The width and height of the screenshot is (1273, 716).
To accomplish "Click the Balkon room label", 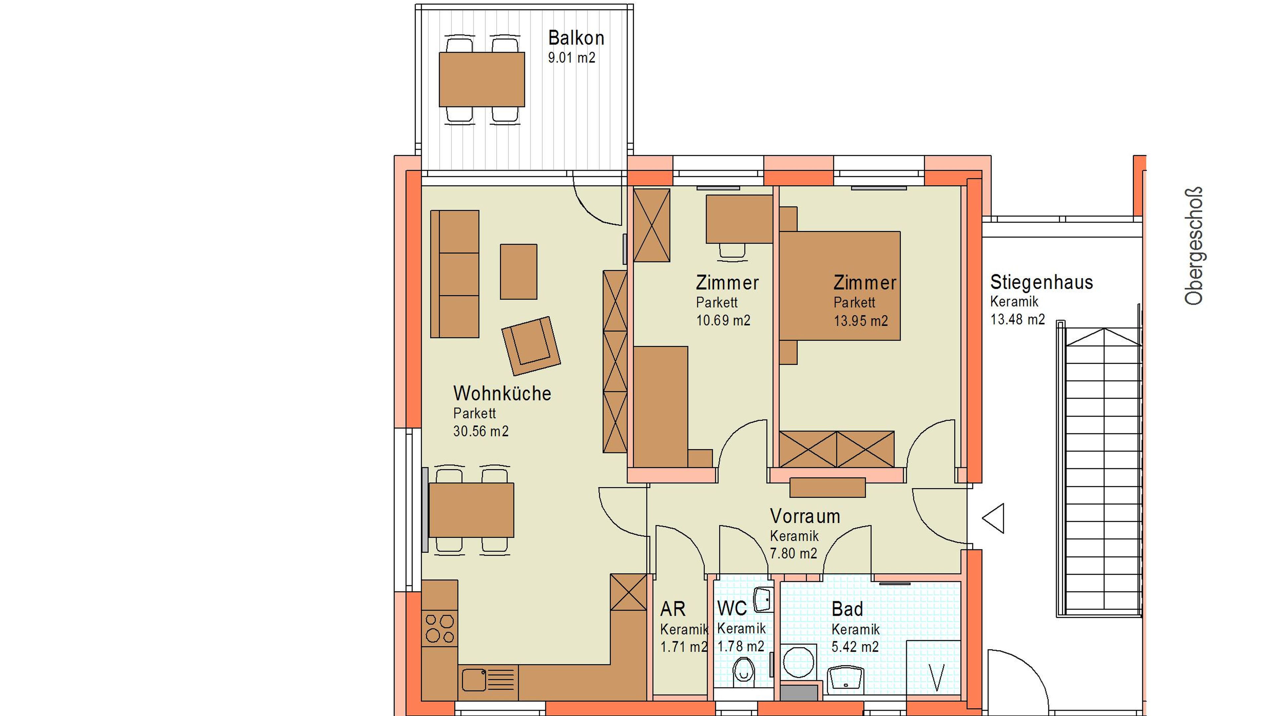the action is (576, 38).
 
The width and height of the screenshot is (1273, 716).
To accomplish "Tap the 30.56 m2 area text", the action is (481, 431).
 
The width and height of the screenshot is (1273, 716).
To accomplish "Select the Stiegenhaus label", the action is (1042, 282).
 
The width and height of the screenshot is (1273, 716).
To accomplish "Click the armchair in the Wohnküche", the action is (531, 346).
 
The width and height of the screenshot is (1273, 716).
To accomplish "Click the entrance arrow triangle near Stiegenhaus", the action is (993, 518).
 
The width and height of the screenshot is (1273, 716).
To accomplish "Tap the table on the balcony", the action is (482, 80).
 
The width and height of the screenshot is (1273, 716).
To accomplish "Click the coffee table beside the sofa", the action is (518, 272).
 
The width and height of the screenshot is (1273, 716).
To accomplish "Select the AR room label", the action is (673, 609).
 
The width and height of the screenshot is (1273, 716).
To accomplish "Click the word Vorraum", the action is (805, 516).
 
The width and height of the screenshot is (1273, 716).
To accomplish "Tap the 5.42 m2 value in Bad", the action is (855, 647).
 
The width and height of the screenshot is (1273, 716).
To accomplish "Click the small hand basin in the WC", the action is (763, 600).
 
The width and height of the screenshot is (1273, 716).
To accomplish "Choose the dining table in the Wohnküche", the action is (471, 510).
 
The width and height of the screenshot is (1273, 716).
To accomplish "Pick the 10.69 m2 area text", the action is (723, 321).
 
